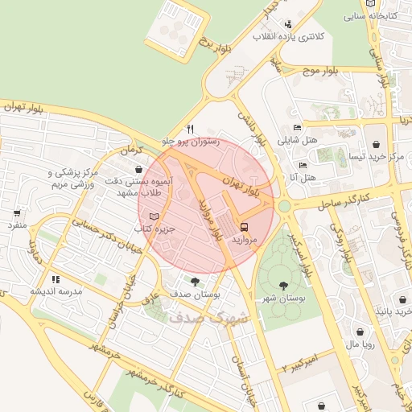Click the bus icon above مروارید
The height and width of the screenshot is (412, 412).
click(244, 227)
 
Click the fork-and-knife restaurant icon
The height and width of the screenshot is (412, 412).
click(191, 129)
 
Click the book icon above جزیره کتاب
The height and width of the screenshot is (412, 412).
click(154, 216)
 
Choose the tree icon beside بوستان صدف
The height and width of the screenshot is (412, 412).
click(196, 281)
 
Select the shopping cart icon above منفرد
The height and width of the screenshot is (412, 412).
click(17, 213)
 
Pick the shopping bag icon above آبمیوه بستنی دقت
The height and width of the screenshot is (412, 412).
click(141, 171)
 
